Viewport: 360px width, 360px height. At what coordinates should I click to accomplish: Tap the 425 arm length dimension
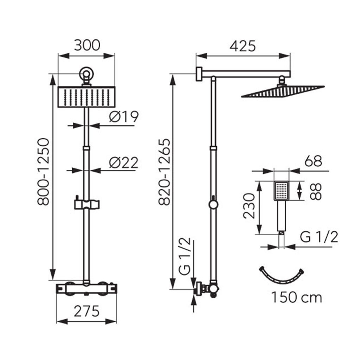click(x=243, y=46)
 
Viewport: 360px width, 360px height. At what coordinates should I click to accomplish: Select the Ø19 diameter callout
click(x=124, y=117)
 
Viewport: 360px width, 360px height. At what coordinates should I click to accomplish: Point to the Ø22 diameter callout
click(x=123, y=162)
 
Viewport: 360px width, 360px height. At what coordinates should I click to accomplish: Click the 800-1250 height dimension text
click(x=43, y=172)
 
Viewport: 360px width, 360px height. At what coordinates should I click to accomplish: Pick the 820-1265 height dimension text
click(x=165, y=172)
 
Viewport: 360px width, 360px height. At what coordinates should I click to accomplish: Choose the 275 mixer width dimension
click(x=86, y=311)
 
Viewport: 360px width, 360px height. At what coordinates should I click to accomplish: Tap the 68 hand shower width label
click(x=313, y=161)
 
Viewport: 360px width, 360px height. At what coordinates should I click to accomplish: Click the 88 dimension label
click(x=315, y=192)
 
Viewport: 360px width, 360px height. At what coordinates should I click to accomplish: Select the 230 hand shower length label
click(x=249, y=206)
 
